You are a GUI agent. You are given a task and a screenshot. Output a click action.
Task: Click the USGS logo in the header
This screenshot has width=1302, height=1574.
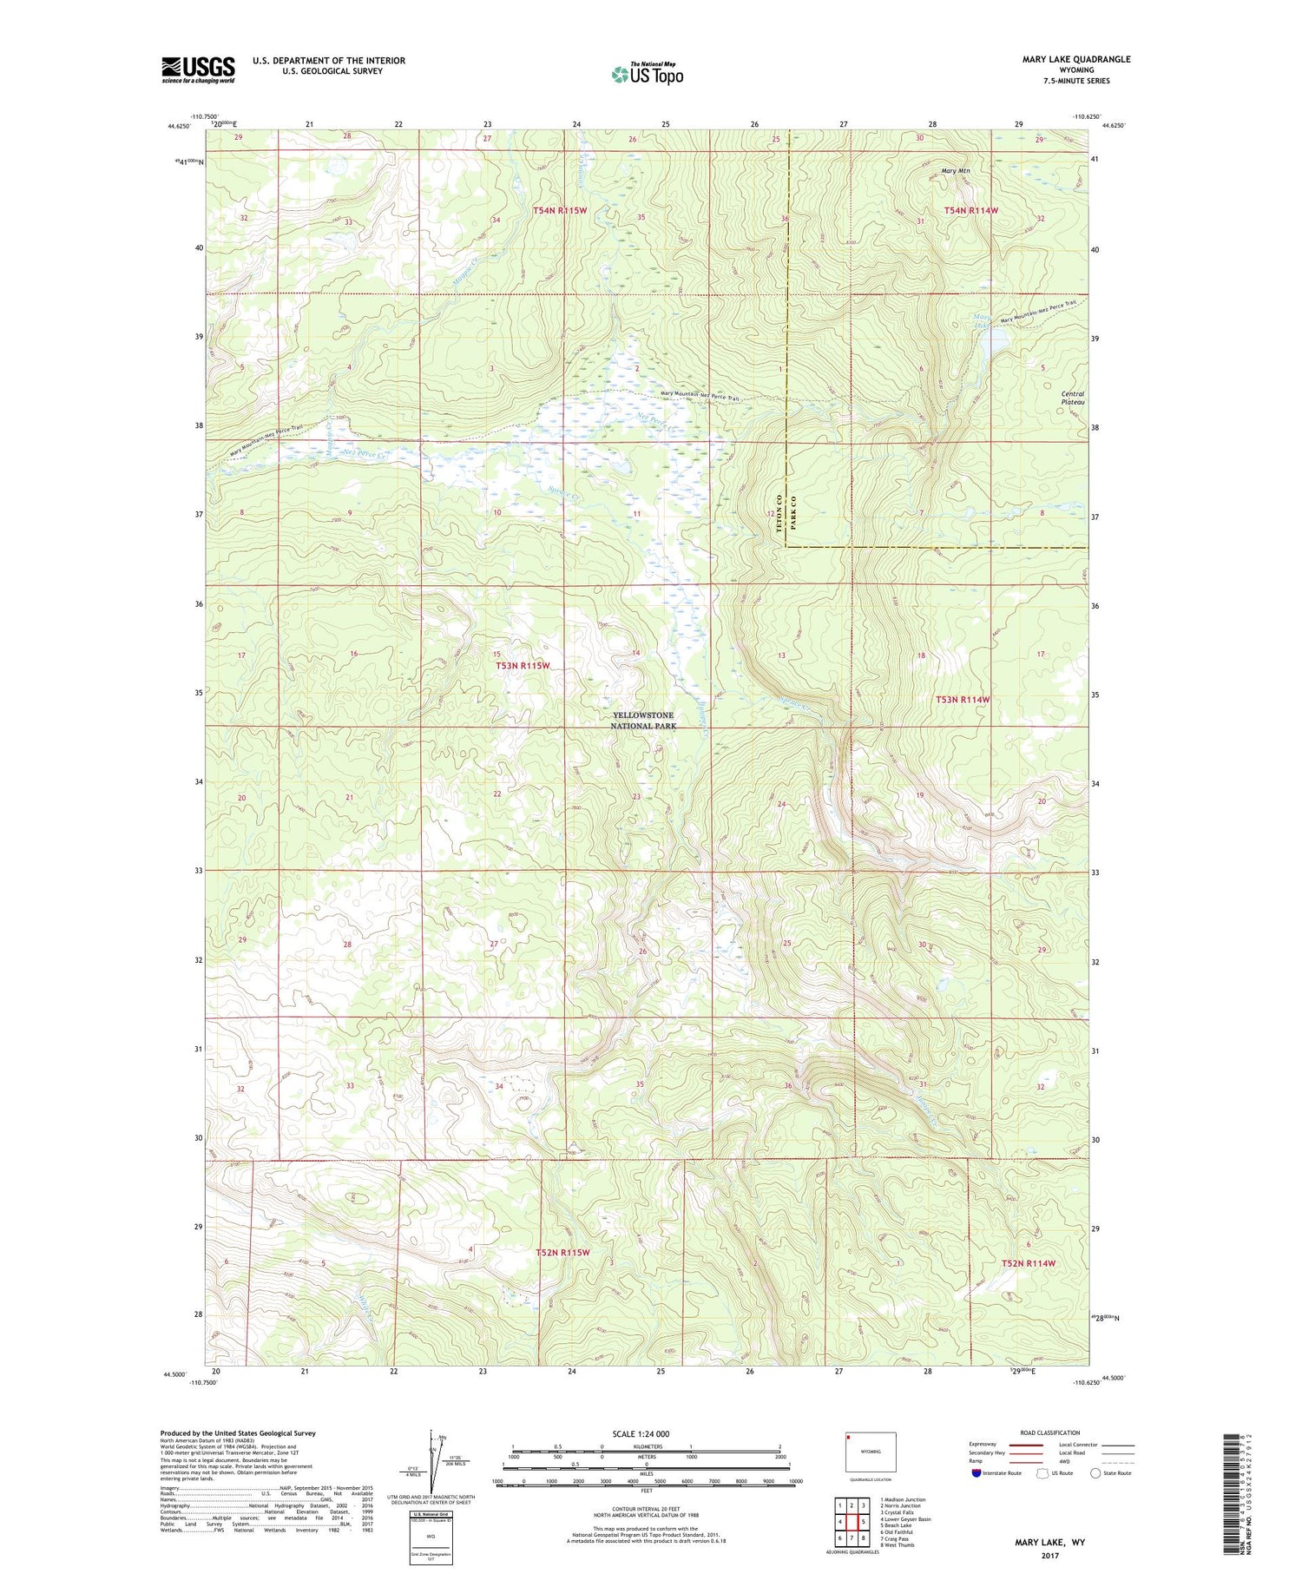198,69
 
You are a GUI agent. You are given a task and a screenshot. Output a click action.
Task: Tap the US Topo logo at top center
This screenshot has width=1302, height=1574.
647,74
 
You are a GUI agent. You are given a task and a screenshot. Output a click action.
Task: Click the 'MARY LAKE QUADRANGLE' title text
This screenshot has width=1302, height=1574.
1075,59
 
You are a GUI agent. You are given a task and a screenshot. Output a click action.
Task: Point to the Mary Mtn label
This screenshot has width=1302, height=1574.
955,171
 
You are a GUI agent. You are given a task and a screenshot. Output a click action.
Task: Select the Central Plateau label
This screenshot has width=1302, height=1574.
1073,398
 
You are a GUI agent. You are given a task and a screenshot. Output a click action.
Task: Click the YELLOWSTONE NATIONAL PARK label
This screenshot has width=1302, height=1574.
642,721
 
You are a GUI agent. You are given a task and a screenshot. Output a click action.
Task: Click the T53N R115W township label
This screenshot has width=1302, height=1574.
523,666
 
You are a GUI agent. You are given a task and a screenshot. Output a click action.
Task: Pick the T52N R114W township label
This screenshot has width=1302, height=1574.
1028,1263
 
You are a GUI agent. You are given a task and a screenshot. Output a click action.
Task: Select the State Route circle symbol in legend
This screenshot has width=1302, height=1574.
1095,1473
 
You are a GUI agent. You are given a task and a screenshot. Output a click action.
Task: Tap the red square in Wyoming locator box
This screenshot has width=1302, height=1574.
850,1437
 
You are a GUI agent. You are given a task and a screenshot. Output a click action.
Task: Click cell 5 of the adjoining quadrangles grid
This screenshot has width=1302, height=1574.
864,1522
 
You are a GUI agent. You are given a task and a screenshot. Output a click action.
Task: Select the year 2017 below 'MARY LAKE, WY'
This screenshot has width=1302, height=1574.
1049,1556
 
